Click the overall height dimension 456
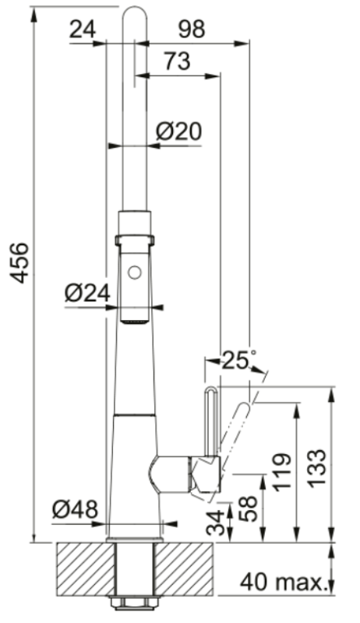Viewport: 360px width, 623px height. [19, 264]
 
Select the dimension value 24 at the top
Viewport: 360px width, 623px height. [83, 30]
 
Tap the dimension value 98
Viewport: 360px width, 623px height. [191, 30]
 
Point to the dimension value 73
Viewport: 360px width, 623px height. [178, 62]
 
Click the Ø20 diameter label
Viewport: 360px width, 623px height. [178, 132]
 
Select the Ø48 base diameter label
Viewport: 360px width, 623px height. [76, 510]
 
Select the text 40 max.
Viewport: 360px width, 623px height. [282, 581]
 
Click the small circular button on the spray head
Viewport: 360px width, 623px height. [134, 273]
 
